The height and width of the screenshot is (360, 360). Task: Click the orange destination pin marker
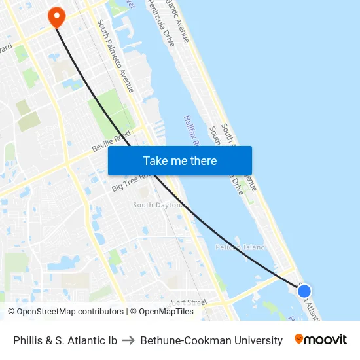click(x=56, y=16)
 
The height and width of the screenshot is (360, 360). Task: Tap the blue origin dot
click(x=304, y=291)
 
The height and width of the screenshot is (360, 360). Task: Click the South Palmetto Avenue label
click(x=116, y=56)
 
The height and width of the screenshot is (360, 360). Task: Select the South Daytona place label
click(x=158, y=205)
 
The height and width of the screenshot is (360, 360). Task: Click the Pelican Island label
click(x=240, y=247)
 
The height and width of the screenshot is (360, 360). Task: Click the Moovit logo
click(x=321, y=340)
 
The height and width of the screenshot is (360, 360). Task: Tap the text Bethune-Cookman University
click(x=211, y=340)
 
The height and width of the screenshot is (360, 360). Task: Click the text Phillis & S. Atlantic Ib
click(x=65, y=340)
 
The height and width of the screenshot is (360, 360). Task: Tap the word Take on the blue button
click(x=156, y=160)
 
